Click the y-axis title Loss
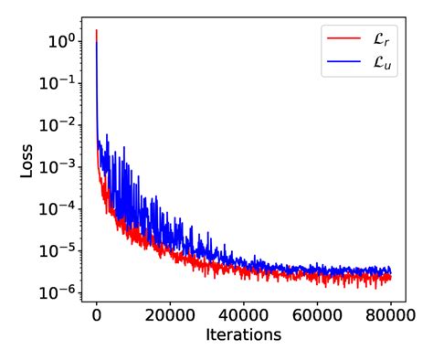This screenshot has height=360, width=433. click(x=28, y=164)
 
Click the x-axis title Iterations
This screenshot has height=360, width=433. click(x=243, y=335)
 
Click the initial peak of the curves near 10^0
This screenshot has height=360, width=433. click(x=97, y=32)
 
